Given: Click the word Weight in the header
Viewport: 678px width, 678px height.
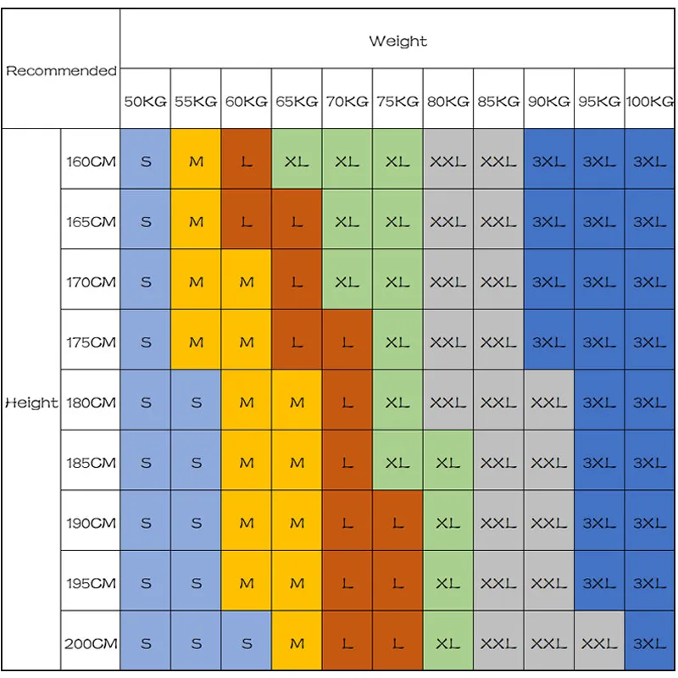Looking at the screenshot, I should (x=397, y=41).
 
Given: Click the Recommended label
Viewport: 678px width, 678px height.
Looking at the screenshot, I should (x=61, y=71).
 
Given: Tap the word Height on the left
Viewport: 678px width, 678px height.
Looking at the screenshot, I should (x=31, y=403).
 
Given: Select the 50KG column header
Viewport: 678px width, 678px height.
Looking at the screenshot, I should (x=146, y=101).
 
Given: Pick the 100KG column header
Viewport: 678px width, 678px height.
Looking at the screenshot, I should (x=650, y=101).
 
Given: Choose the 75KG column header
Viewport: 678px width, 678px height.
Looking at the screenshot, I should (x=397, y=101).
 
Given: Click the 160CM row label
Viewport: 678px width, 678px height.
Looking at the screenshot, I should (x=91, y=161).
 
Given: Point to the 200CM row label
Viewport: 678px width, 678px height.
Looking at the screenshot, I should (x=91, y=643).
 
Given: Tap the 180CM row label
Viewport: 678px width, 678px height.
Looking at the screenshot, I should (x=91, y=403).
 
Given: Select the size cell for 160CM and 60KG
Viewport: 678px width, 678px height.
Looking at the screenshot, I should (x=247, y=161).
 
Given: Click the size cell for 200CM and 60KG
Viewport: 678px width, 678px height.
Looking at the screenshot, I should (x=247, y=643).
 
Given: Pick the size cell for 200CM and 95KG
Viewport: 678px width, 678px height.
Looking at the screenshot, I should (x=599, y=643).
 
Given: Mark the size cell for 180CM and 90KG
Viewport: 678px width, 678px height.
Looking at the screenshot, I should (x=549, y=403).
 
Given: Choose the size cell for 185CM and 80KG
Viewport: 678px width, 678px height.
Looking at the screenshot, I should (x=448, y=463).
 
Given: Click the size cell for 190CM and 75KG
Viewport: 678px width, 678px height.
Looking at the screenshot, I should (x=397, y=523).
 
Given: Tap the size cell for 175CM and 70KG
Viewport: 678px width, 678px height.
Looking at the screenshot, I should (x=347, y=342).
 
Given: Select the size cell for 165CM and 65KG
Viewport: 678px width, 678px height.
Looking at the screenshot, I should (x=297, y=221).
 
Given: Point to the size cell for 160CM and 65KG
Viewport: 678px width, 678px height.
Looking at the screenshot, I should (x=297, y=161).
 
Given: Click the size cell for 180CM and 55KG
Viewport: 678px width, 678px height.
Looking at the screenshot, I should (x=197, y=403).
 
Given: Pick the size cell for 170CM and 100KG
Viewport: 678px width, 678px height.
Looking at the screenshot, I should (x=650, y=281).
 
